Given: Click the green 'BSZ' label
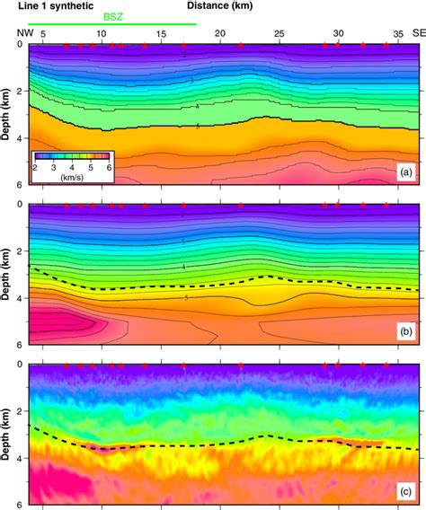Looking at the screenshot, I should pyautogui.click(x=112, y=16).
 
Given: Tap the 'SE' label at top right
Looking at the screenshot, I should pyautogui.click(x=413, y=34).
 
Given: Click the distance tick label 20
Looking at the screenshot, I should pyautogui.click(x=219, y=34).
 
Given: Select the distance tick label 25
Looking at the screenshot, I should pyautogui.click(x=279, y=34).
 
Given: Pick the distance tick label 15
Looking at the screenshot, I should pyautogui.click(x=161, y=34).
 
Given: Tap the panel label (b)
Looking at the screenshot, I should pyautogui.click(x=404, y=332).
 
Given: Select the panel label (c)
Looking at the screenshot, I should pyautogui.click(x=404, y=491).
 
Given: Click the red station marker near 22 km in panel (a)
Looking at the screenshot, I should pyautogui.click(x=241, y=45).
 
